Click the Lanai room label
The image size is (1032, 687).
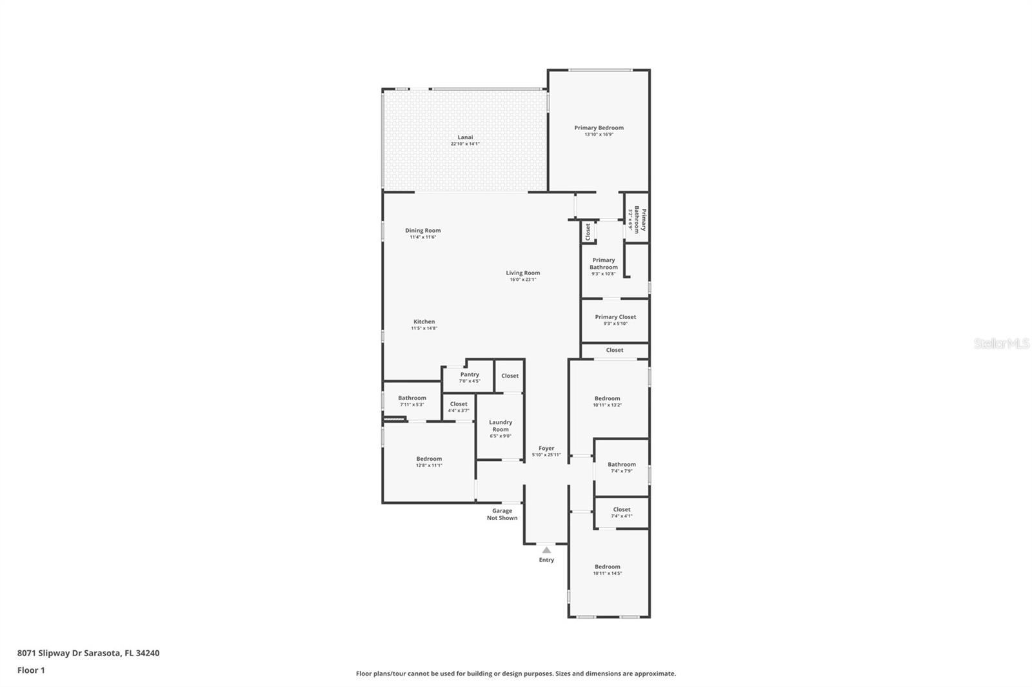click(465, 137)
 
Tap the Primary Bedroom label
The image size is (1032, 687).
click(599, 128)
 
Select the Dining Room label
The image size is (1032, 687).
click(423, 230)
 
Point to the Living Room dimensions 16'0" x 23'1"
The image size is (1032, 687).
click(522, 280)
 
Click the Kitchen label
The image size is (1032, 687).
click(424, 322)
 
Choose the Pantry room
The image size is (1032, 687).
click(470, 377)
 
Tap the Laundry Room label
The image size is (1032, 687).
click(501, 426)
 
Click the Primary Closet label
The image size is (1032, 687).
click(615, 317)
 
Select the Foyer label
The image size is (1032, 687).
click(546, 448)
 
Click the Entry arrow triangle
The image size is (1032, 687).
click(546, 550)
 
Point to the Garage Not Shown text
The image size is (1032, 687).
click(502, 514)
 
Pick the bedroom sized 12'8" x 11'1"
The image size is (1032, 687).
click(429, 461)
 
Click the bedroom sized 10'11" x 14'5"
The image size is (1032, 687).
click(608, 570)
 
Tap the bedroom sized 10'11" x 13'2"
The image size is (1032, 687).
click(607, 402)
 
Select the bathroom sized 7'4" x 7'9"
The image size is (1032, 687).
click(622, 467)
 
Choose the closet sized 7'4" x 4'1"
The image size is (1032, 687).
click(622, 512)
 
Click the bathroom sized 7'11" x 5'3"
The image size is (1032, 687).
click(412, 401)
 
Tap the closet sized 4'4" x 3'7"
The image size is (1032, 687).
click(459, 407)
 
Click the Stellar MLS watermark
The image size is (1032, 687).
click(1001, 344)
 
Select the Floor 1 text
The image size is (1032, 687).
click(31, 670)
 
